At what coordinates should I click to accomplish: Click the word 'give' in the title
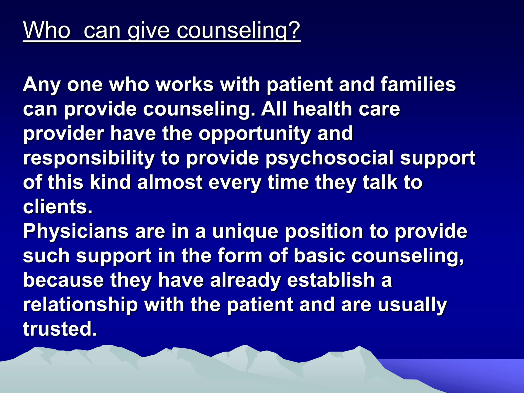point(148,31)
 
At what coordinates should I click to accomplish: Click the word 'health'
point(323,109)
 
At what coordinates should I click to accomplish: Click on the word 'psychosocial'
point(330,158)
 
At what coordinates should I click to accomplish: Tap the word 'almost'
point(170,182)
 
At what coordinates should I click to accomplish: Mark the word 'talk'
point(380,182)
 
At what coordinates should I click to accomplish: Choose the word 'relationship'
point(80,305)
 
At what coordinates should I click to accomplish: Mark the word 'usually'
point(412,305)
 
